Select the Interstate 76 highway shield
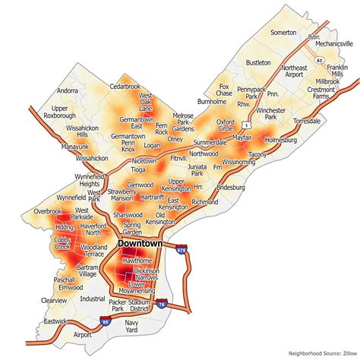(x=163, y=302)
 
